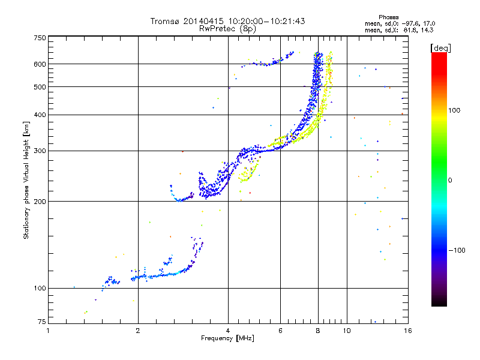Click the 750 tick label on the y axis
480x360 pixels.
pos(39,38)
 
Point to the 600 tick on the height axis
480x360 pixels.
pos(39,64)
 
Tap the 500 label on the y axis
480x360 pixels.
pos(39,87)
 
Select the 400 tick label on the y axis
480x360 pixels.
pos(39,115)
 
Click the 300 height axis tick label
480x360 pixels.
pos(39,151)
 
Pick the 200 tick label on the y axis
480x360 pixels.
pos(39,202)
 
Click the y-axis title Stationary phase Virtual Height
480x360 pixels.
pos(26,180)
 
